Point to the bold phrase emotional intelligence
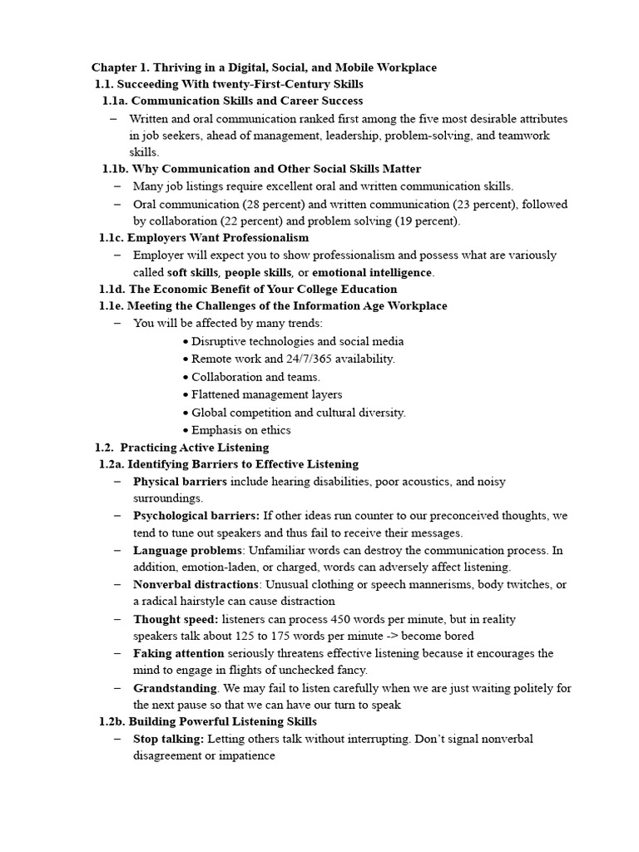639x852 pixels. click(x=372, y=272)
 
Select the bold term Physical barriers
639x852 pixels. click(x=180, y=482)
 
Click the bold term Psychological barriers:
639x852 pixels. click(x=196, y=516)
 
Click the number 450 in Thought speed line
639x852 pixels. click(x=344, y=619)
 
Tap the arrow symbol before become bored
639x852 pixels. click(x=390, y=636)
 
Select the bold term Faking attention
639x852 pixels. click(x=178, y=653)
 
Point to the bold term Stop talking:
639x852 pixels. click(x=168, y=739)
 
